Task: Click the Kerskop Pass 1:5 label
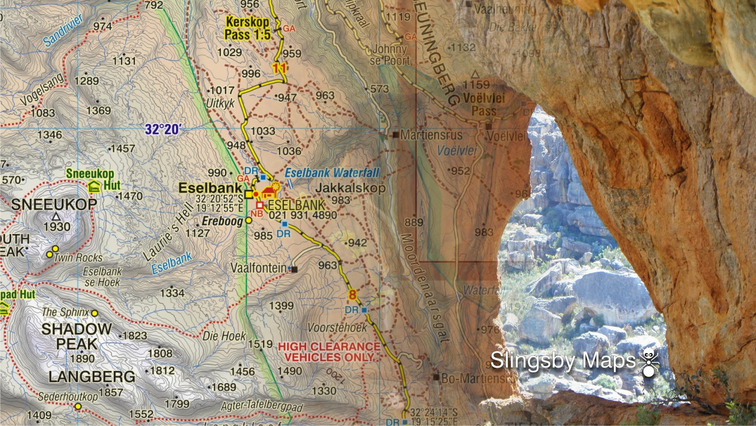[x=247, y=28]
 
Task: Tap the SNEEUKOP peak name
[x=54, y=204]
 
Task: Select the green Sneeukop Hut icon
[x=94, y=186]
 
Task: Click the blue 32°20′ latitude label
[x=163, y=129]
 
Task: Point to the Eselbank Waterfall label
[x=332, y=173]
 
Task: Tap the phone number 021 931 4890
[x=303, y=215]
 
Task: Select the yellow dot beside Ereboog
[x=249, y=221]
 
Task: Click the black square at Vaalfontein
[x=294, y=269]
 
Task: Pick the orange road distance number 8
[x=352, y=295]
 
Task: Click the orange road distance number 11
[x=280, y=68]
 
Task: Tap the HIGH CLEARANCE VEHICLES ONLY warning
[x=329, y=352]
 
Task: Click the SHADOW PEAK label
[x=77, y=336]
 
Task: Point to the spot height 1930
[x=57, y=227]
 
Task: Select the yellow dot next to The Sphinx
[x=94, y=313]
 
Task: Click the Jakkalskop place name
[x=350, y=188]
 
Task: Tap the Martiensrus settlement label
[x=430, y=135]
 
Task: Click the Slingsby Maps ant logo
[x=649, y=362]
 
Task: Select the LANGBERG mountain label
[x=92, y=377]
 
